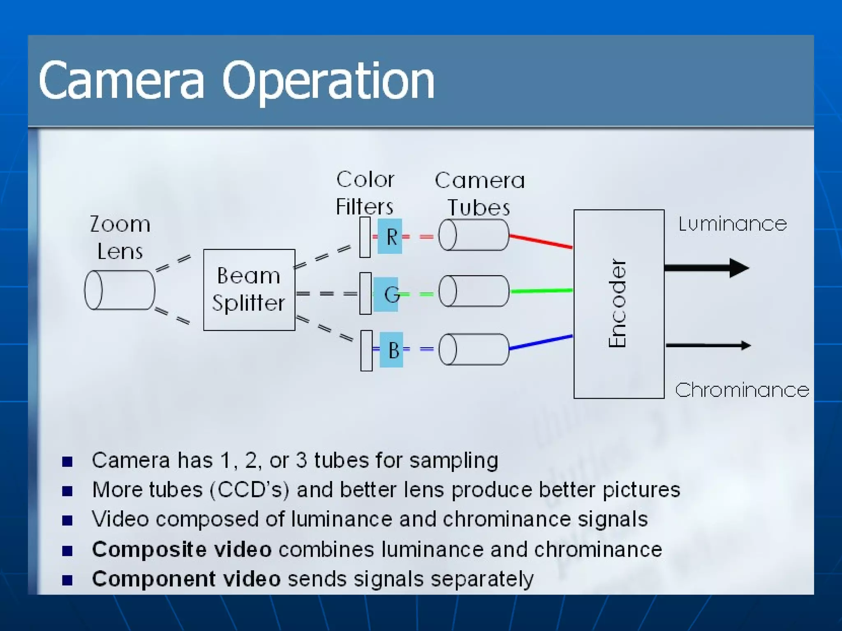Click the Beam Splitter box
pyautogui.click(x=249, y=290)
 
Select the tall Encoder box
pyautogui.click(x=619, y=304)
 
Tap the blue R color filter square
pyautogui.click(x=390, y=236)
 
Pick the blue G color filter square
pyautogui.click(x=386, y=294)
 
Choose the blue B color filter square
pyautogui.click(x=391, y=350)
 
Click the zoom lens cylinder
pyautogui.click(x=120, y=290)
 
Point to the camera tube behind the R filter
pyautogui.click(x=474, y=235)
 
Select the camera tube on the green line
pyautogui.click(x=474, y=291)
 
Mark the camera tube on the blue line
pyautogui.click(x=474, y=349)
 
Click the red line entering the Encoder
pyautogui.click(x=541, y=241)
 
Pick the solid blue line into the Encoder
pyautogui.click(x=541, y=342)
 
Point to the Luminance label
pyautogui.click(x=733, y=224)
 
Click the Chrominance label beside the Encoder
pyautogui.click(x=742, y=390)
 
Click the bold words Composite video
pyautogui.click(x=182, y=549)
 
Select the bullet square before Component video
pyautogui.click(x=67, y=580)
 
